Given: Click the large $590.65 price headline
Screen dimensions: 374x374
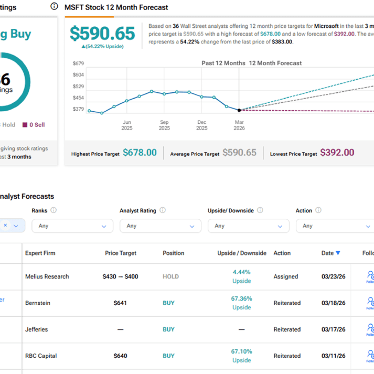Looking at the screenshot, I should click(x=102, y=34).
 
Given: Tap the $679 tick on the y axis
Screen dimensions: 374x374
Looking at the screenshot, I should click(x=78, y=64).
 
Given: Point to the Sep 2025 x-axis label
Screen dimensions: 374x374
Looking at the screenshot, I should click(x=164, y=125).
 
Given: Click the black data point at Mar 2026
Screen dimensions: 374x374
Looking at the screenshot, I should click(x=239, y=110).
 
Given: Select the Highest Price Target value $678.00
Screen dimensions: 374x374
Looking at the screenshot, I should click(x=140, y=153).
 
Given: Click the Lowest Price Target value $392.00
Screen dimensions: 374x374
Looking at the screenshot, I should click(x=337, y=153).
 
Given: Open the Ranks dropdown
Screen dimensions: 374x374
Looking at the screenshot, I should click(x=72, y=226).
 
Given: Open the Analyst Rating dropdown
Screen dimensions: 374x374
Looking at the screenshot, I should click(x=160, y=226).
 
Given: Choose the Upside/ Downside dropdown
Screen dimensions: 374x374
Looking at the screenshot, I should click(x=248, y=226).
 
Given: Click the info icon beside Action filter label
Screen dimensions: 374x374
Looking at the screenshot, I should click(x=318, y=210).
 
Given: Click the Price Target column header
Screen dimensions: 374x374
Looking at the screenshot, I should click(x=121, y=253).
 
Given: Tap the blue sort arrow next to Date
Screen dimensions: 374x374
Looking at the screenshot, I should click(x=338, y=253).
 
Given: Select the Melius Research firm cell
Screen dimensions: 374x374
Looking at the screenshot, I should click(x=47, y=276).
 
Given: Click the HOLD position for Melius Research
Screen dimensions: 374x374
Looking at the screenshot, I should click(x=171, y=276).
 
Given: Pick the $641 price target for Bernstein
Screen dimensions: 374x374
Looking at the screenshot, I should click(x=121, y=303).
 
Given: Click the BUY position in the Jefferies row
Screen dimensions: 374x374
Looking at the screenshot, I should click(x=168, y=329).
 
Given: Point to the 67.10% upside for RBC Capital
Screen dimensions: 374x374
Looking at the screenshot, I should click(x=241, y=352).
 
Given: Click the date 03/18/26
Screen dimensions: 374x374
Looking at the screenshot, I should click(x=333, y=303).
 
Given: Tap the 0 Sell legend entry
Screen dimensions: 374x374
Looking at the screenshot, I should click(x=34, y=125).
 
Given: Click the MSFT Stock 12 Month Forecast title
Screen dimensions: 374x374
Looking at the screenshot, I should click(x=116, y=7).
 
